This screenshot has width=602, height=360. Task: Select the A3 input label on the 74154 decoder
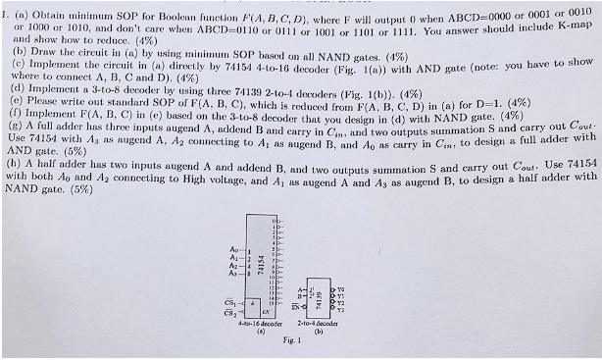pyautogui.click(x=230, y=273)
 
